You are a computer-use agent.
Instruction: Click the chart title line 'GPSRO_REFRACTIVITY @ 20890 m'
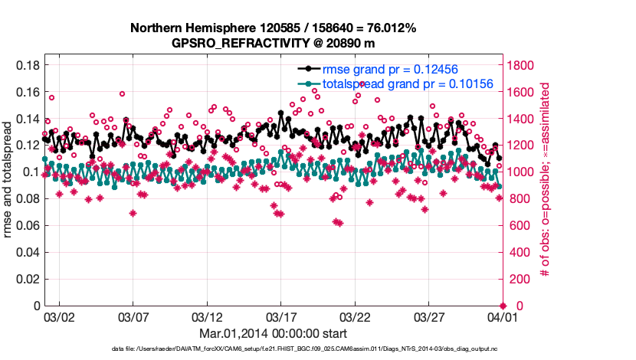coord(273,43)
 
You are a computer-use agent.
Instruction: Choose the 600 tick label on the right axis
coord(518,226)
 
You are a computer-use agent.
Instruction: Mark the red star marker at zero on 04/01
coord(503,306)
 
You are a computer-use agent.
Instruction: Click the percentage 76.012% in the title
coord(390,28)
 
